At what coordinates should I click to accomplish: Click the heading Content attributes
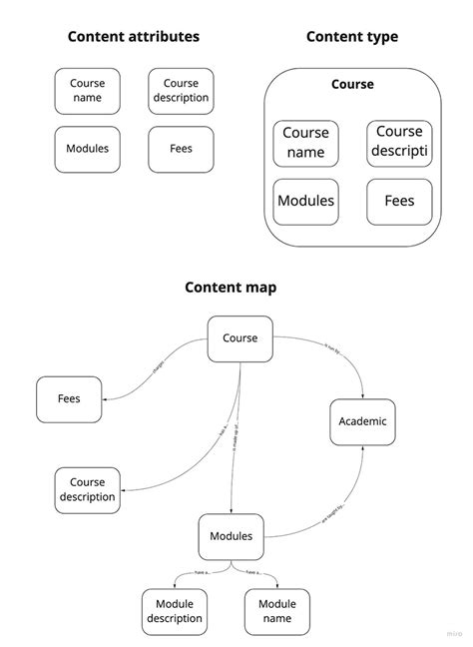coord(133,37)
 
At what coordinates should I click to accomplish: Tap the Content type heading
coord(351,37)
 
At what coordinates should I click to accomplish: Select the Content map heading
coord(231,288)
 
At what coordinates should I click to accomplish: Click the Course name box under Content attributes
coord(87,91)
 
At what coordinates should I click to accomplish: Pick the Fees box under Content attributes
coord(181,149)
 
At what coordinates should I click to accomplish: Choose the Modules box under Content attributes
coord(87,149)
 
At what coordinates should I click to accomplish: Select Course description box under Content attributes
coord(181,91)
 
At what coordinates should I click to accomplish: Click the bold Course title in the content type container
coord(351,85)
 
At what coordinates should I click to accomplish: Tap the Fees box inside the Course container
coord(399,201)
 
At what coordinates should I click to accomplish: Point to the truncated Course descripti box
coord(399,143)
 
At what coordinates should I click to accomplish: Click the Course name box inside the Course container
coord(305,143)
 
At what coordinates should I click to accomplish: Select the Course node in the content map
coord(239,338)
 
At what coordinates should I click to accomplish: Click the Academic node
coord(363,422)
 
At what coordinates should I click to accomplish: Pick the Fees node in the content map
coord(69,398)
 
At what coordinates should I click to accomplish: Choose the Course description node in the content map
coord(87,490)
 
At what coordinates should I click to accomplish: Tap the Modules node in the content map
coord(231,537)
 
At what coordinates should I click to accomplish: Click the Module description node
coord(174,611)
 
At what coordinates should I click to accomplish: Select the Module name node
coord(276,611)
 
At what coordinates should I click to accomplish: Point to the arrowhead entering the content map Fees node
coord(106,399)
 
